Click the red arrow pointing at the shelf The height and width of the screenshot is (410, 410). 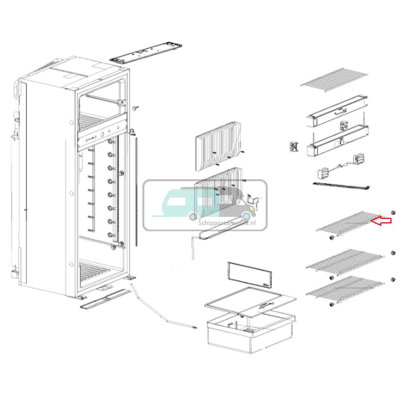coord(381,221)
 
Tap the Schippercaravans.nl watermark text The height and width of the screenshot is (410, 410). coord(227,223)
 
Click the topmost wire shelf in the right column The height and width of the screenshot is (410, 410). coord(335,80)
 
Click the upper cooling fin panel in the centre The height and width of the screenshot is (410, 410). coord(219,146)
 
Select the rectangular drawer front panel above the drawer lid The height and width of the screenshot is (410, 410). coord(250,275)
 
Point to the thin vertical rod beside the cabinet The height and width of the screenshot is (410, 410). coord(137,191)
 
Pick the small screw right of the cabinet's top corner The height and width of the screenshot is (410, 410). coord(135,108)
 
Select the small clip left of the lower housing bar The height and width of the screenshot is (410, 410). coord(294,146)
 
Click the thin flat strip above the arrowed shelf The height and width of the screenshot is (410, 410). coord(342,186)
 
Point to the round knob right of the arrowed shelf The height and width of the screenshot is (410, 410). coord(393,212)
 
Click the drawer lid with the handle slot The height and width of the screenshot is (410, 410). coord(251,303)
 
